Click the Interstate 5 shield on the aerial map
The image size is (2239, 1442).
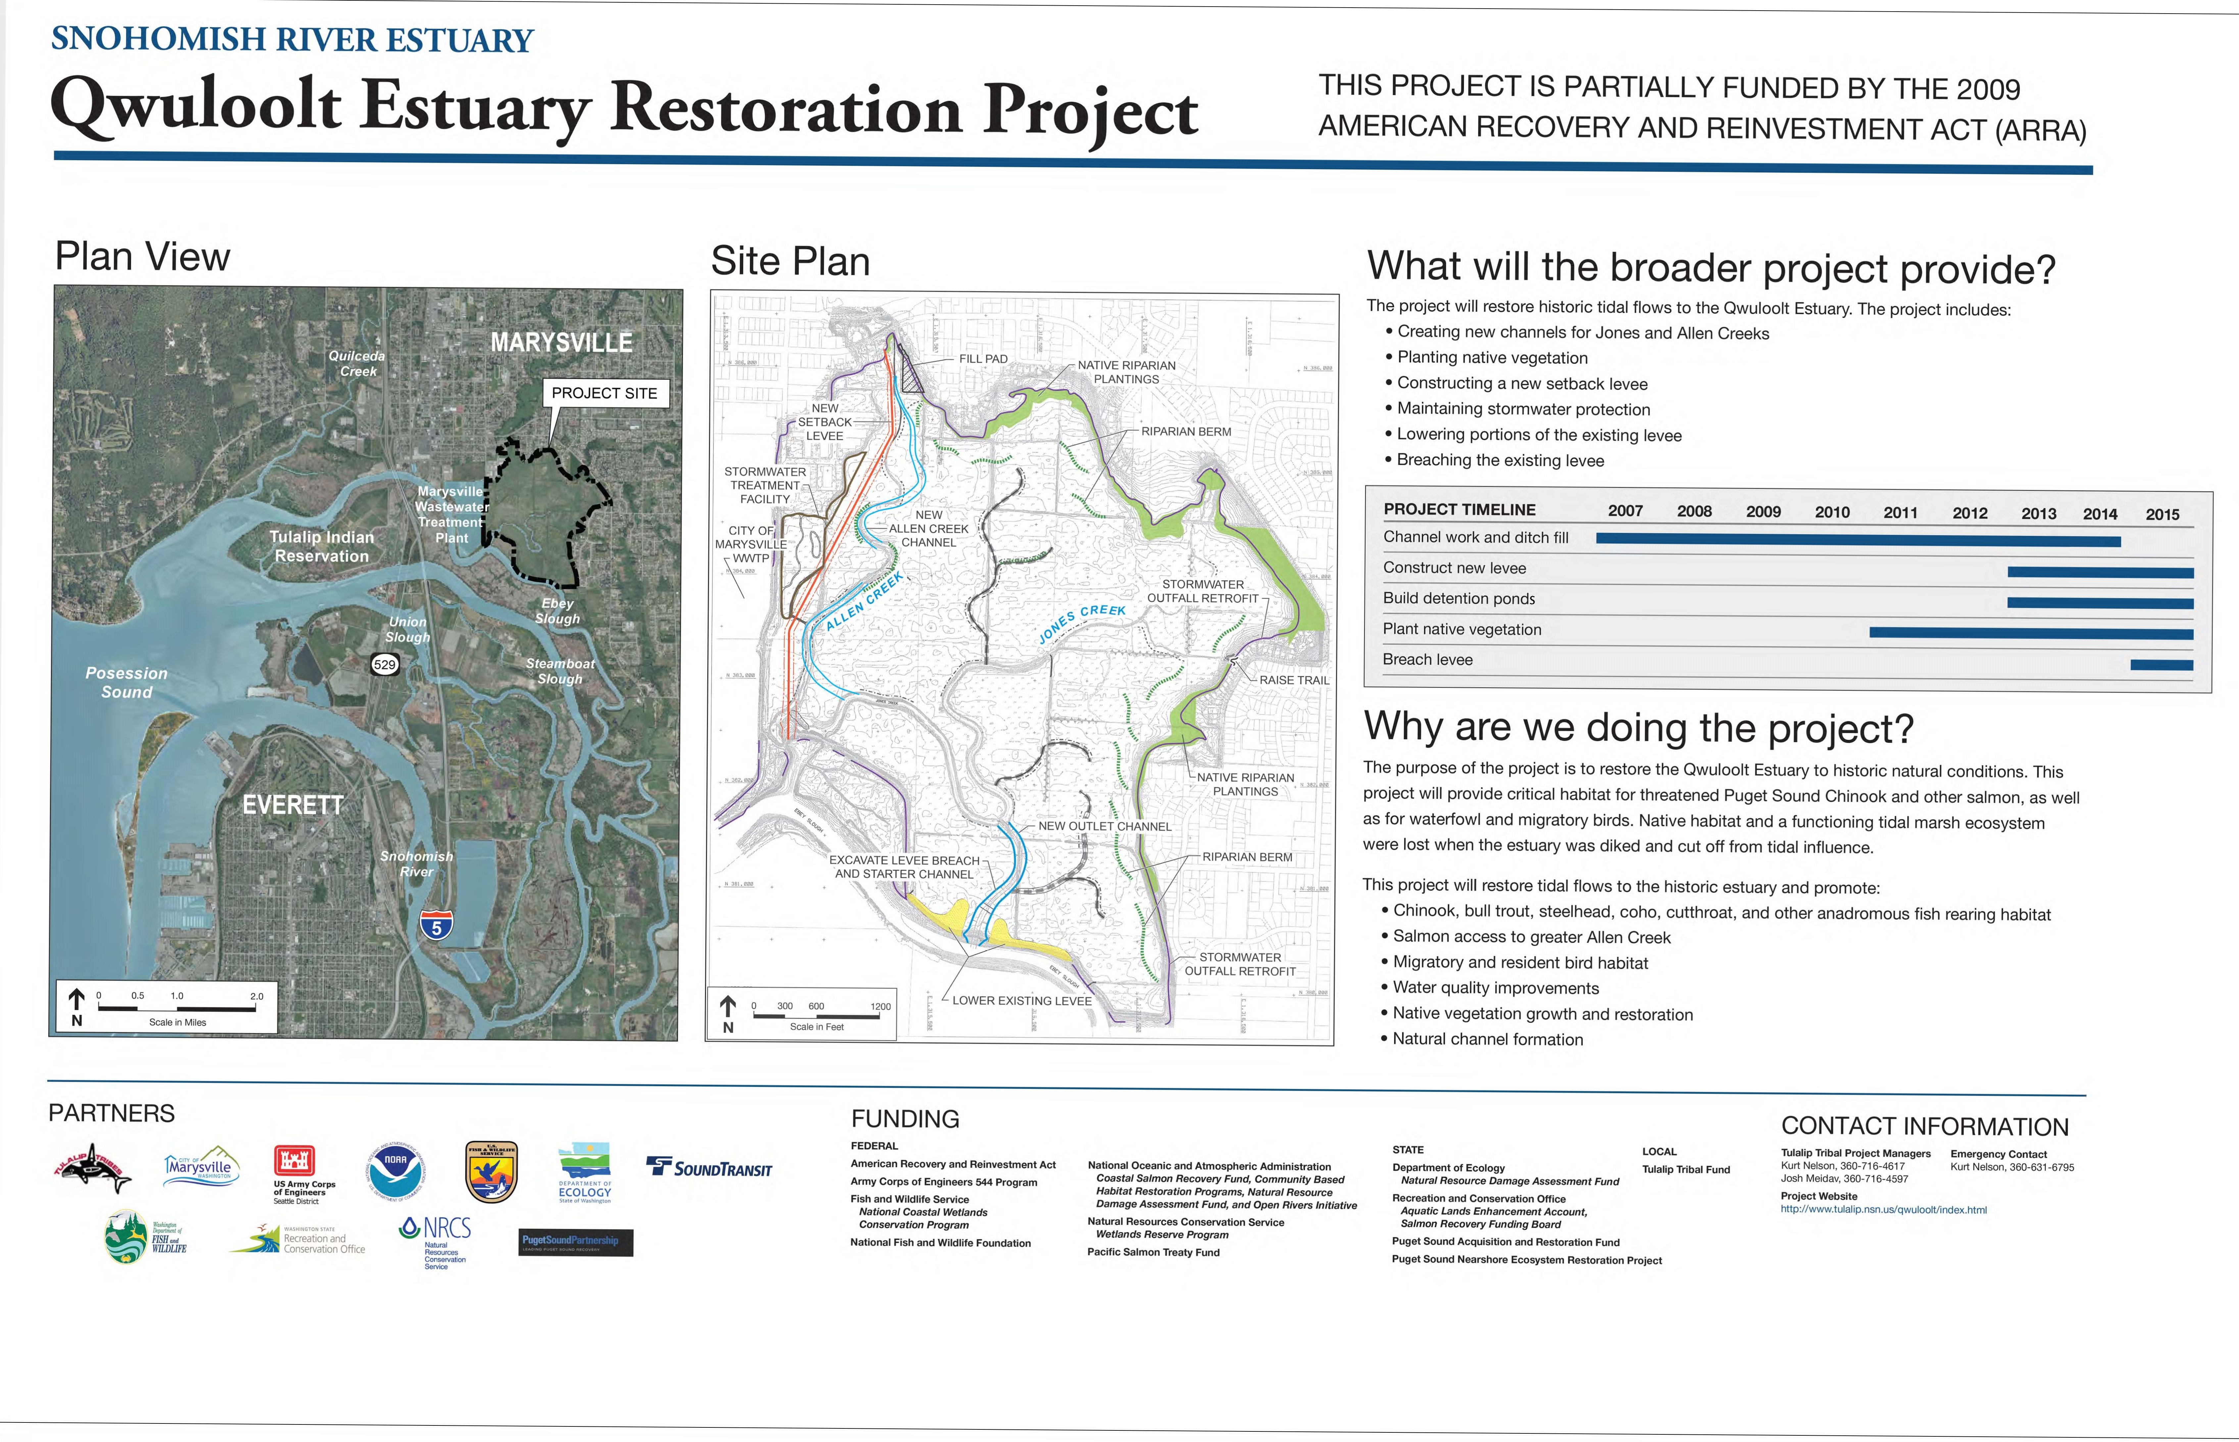(x=436, y=925)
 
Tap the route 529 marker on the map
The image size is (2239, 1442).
(x=385, y=665)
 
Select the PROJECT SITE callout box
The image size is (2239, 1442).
(x=605, y=393)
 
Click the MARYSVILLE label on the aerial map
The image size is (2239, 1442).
(x=561, y=343)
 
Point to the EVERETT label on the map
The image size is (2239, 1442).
(x=293, y=805)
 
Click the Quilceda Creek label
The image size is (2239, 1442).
(x=357, y=363)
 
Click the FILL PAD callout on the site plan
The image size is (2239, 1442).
(x=983, y=359)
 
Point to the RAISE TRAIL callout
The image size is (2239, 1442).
(x=1293, y=680)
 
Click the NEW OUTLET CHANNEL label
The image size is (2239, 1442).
(x=1104, y=826)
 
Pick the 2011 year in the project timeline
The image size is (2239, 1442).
(x=1900, y=512)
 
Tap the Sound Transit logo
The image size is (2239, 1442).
(x=709, y=1168)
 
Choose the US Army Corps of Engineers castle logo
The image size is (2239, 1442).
(x=294, y=1161)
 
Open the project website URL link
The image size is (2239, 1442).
(x=1883, y=1210)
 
